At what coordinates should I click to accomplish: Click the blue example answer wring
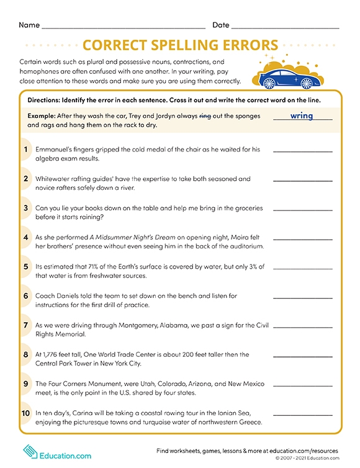click(301, 115)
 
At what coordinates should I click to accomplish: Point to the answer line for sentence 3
click(302, 209)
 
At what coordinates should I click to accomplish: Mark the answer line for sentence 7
click(302, 326)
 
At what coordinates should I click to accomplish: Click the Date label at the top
click(220, 25)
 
